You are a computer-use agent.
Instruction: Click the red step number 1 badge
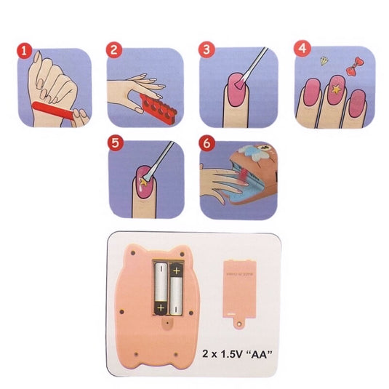tap(24, 53)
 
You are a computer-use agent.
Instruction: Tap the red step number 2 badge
tap(113, 50)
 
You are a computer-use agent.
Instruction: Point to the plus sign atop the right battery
tap(177, 273)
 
